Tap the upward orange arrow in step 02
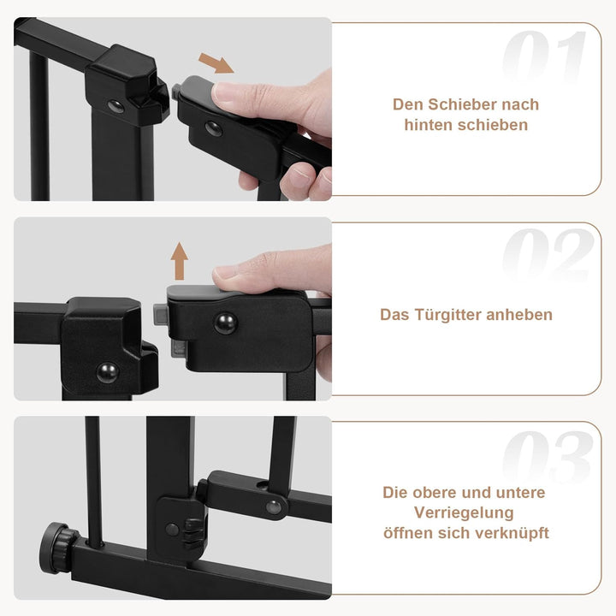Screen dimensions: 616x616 pos(179,261)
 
